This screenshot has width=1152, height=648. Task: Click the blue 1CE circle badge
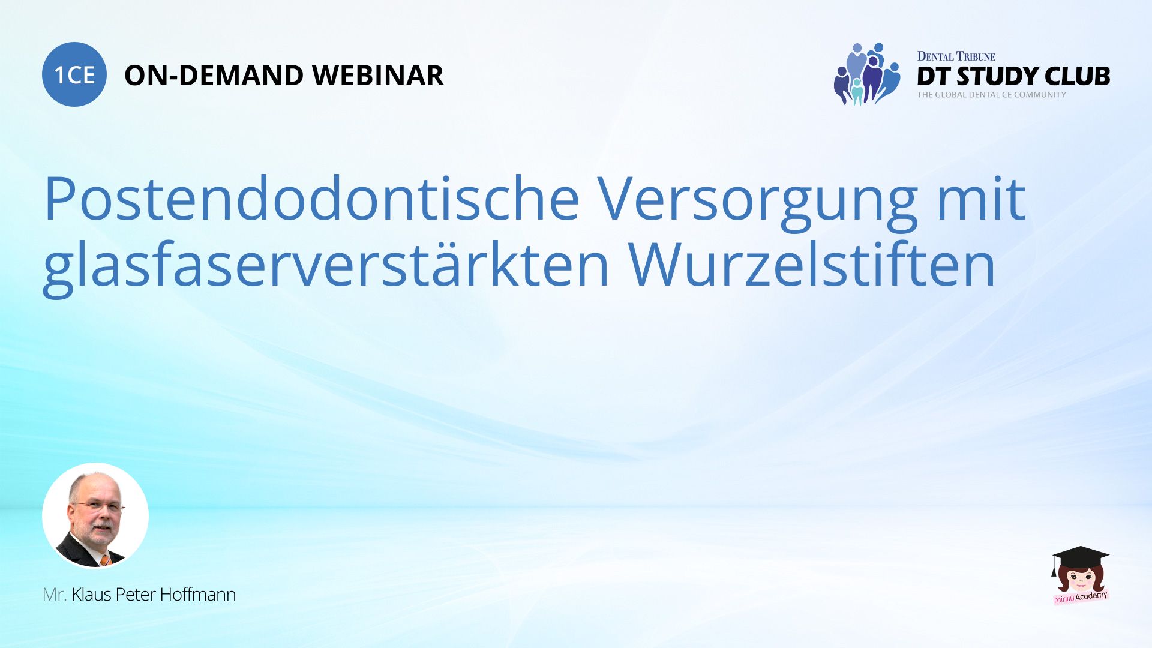pos(74,74)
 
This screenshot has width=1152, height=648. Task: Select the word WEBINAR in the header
pos(378,76)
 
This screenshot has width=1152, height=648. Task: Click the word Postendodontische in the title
pos(311,199)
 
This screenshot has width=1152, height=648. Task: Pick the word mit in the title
pos(982,199)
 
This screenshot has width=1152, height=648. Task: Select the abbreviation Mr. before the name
pos(54,595)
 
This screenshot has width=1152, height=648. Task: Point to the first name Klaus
pos(91,595)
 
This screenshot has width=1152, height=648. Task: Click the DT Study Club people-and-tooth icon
pos(867,74)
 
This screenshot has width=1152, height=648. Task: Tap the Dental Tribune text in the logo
pos(956,56)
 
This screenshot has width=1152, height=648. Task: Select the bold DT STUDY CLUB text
pos(1013,76)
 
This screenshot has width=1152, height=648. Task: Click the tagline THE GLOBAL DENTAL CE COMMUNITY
pos(991,95)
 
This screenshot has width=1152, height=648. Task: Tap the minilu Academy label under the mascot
pos(1081,596)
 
